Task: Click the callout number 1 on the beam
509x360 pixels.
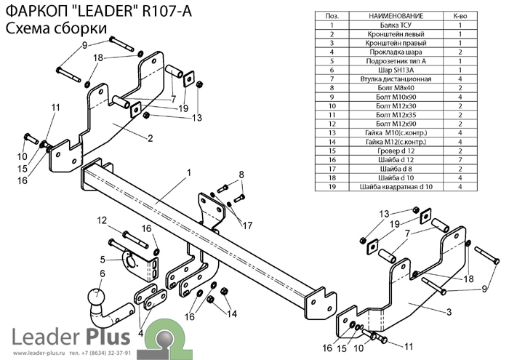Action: pos(188,173)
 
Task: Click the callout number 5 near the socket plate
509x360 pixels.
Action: pos(103,259)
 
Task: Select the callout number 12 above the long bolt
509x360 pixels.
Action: pos(102,220)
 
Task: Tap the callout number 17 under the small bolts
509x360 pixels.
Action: pos(248,224)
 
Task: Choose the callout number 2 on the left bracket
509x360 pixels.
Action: pos(149,139)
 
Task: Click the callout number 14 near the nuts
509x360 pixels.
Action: pos(232,314)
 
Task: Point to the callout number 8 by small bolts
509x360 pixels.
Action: pos(241,174)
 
